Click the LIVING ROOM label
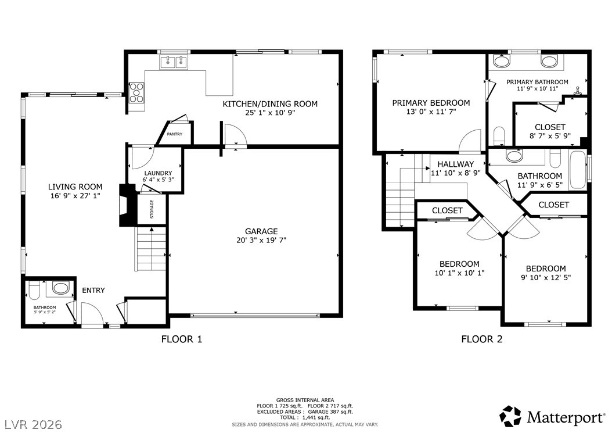click(75, 187)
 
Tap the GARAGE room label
click(261, 231)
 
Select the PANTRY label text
click(174, 134)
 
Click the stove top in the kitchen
click(136, 92)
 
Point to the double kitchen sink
click(173, 62)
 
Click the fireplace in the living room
click(126, 205)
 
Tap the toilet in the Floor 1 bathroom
click(34, 290)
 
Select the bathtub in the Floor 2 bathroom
click(578, 170)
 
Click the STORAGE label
click(152, 209)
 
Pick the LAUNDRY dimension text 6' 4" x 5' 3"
click(158, 180)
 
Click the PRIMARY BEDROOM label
click(431, 103)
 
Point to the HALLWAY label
click(455, 164)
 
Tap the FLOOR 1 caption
click(182, 339)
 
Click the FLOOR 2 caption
click(482, 339)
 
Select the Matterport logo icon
click(510, 416)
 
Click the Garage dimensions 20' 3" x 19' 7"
click(261, 240)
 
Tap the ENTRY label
click(93, 290)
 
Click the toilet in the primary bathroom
click(499, 135)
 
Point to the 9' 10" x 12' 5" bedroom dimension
click(546, 277)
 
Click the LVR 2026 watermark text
click(34, 424)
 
